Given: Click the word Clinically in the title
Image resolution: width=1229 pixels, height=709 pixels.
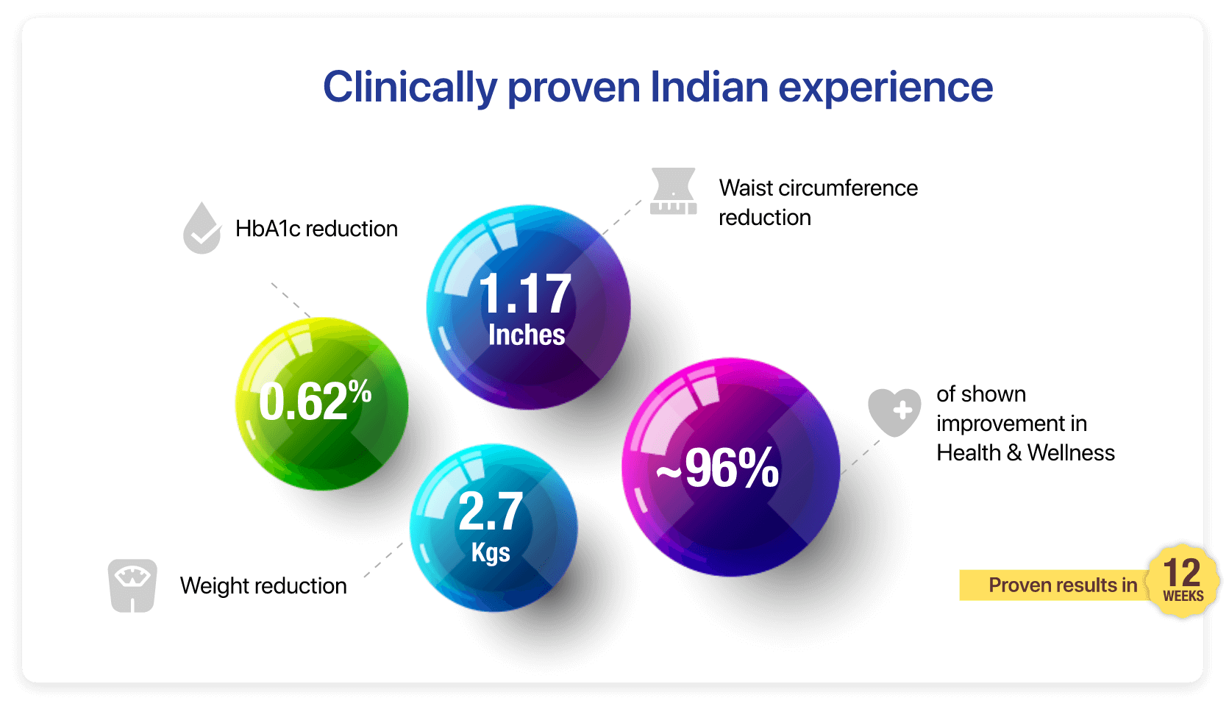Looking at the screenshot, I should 409,87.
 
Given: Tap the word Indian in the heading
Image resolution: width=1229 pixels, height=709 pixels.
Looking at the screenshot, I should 709,87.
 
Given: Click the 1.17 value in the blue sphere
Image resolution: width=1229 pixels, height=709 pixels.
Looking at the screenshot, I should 525,294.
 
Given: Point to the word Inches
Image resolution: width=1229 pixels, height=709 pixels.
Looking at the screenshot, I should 527,335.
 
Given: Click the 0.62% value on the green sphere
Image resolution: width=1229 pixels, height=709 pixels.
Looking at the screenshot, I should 315,401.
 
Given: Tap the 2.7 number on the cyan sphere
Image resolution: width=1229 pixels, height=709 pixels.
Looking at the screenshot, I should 491,511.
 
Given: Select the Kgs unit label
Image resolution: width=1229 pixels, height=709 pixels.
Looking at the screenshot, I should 491,552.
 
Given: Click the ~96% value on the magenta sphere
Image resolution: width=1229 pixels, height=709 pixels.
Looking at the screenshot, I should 718,468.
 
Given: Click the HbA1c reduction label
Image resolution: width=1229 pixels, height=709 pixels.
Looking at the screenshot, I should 316,229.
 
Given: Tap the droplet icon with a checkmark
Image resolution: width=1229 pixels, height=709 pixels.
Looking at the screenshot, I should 202,229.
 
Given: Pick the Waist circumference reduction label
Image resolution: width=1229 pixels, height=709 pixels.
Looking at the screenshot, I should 817,202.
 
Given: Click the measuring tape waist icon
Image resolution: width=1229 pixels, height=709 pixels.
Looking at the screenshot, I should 673,192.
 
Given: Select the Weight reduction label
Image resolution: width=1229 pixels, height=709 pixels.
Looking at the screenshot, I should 263,585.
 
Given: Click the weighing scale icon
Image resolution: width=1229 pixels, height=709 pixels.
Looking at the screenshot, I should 132,585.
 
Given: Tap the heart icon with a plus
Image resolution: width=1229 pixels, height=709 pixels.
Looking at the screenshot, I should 894,412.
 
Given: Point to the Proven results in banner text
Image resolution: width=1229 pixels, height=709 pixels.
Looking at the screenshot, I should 1062,585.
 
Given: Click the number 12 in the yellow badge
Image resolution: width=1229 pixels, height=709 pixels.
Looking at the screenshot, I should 1182,572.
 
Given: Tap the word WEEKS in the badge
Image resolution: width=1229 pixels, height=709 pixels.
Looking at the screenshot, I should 1183,596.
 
